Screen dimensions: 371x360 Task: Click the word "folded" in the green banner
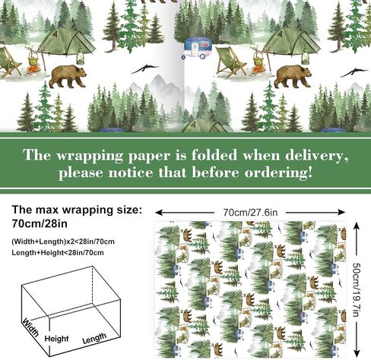coord(214,155)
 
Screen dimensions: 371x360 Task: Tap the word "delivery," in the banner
coord(317,155)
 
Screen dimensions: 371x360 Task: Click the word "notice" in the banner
coord(131,172)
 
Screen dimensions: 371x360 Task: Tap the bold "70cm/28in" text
coord(40,223)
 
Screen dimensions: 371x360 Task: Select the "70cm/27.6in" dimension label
coord(250,212)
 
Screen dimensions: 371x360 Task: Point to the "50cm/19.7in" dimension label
coord(357,289)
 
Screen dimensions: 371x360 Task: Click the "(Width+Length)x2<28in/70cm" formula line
coord(63,242)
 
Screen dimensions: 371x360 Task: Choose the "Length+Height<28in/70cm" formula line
coord(58,253)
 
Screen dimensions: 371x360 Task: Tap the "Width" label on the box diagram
coord(30,327)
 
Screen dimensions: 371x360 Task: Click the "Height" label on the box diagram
coord(56,339)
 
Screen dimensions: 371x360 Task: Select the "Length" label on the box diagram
coord(94,338)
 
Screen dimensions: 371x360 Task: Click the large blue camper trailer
coord(197,48)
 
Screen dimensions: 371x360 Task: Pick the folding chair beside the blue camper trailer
coord(231,62)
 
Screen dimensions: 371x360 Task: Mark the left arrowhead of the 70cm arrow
coord(159,212)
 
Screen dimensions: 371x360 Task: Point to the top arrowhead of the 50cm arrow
coord(357,226)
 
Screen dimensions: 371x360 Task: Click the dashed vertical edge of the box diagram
coord(92,284)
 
